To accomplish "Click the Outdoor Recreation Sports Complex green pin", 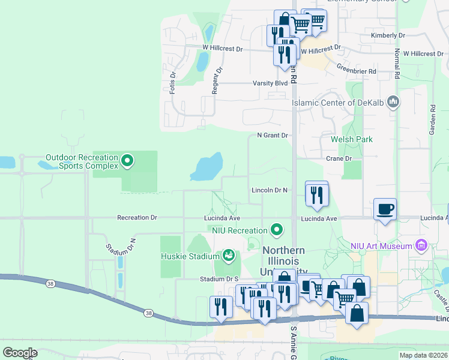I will pyautogui.click(x=127, y=161).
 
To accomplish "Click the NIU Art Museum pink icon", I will pyautogui.click(x=421, y=245).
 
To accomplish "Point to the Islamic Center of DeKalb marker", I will pyautogui.click(x=393, y=102).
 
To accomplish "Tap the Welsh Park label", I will pyautogui.click(x=352, y=139).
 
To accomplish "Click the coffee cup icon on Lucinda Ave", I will pyautogui.click(x=385, y=210).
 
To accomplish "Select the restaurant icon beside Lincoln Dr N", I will pyautogui.click(x=316, y=194).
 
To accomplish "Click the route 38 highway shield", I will pyautogui.click(x=148, y=312).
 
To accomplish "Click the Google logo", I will pyautogui.click(x=20, y=352).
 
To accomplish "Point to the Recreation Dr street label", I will pyautogui.click(x=137, y=218).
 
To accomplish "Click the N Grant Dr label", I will pyautogui.click(x=273, y=136).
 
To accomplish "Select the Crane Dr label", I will pyautogui.click(x=339, y=158).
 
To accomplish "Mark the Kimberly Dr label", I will pyautogui.click(x=388, y=35).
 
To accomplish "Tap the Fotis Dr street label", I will pyautogui.click(x=172, y=83).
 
